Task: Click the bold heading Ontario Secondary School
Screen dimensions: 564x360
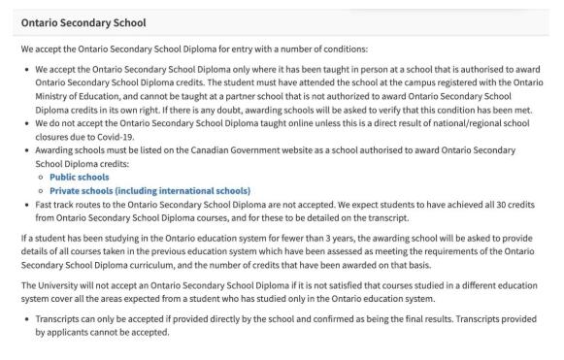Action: point(78,21)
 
